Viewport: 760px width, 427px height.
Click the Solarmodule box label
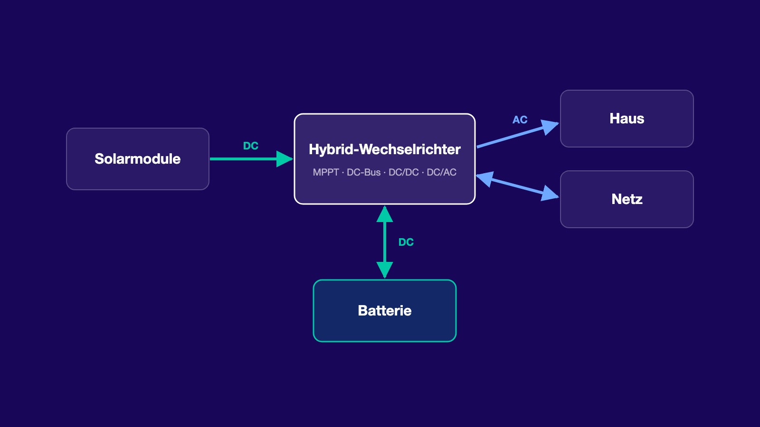(x=137, y=159)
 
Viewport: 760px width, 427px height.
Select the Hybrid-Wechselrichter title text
(x=384, y=149)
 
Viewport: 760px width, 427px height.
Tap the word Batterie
(x=384, y=311)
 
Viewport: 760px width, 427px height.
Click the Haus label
(x=627, y=119)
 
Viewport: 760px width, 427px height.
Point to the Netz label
(x=627, y=199)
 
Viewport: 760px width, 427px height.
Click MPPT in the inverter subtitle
(x=326, y=173)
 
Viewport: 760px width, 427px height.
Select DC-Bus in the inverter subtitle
(x=363, y=173)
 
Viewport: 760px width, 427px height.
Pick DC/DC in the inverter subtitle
(x=403, y=173)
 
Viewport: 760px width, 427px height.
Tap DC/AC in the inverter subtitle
(x=441, y=173)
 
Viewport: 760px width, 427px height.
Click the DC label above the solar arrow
(x=251, y=146)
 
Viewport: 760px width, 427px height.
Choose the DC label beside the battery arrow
(x=406, y=242)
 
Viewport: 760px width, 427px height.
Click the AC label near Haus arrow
(x=520, y=120)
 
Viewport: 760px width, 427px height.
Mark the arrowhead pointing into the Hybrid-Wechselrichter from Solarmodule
(x=285, y=159)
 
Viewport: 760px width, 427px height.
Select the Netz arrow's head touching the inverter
(x=485, y=178)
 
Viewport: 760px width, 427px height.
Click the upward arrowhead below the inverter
(x=385, y=214)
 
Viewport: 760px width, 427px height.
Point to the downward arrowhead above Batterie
(x=385, y=270)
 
